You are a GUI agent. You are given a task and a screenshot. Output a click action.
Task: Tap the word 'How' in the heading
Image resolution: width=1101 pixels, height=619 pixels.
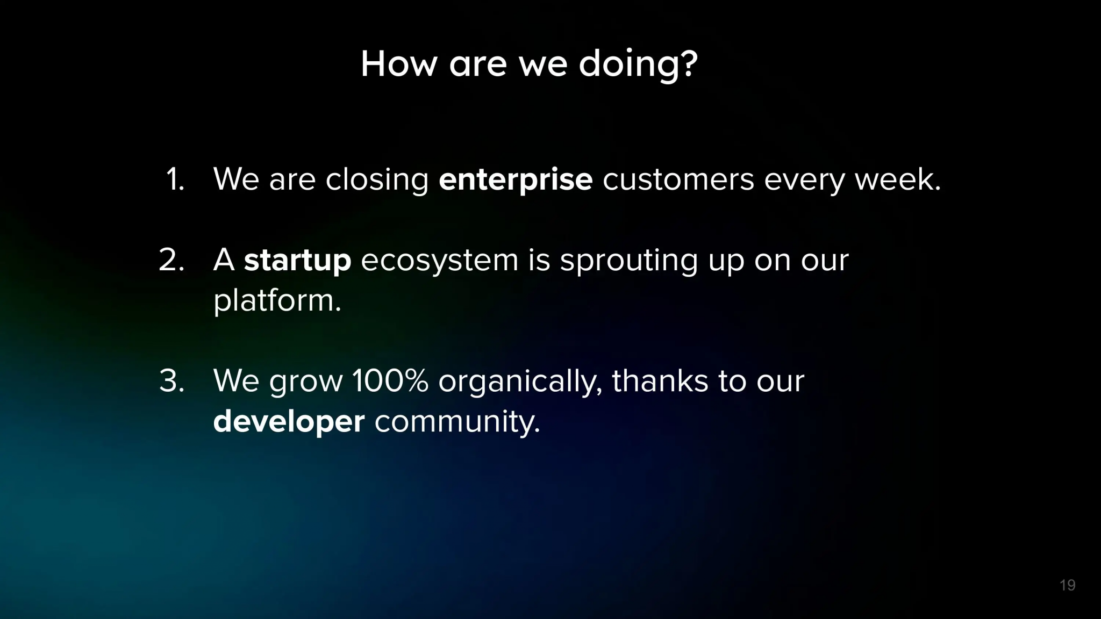399,64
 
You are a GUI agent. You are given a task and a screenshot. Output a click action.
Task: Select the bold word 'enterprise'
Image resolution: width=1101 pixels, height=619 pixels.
516,180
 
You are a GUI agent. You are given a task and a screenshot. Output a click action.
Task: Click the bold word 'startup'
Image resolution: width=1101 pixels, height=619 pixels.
297,261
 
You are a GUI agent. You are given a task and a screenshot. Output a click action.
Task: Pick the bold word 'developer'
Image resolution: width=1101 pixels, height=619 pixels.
289,421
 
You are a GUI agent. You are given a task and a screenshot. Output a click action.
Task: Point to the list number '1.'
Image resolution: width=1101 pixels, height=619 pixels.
175,179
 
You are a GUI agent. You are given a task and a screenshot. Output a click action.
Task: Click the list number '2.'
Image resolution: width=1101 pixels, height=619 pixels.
172,260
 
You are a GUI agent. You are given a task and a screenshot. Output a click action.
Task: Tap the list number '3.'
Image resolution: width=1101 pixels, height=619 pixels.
172,381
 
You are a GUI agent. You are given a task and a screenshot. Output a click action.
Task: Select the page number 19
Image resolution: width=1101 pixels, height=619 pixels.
1067,585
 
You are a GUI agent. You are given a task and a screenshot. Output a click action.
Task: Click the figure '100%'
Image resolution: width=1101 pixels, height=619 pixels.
390,381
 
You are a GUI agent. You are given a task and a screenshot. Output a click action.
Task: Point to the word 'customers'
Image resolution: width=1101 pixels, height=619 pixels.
678,179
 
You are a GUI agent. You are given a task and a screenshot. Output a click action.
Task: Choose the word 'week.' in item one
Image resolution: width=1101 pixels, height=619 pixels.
898,179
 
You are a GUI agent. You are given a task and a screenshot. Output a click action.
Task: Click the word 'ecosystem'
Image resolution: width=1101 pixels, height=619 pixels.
439,262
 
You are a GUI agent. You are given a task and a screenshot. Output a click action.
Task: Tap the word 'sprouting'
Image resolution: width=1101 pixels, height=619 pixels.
628,262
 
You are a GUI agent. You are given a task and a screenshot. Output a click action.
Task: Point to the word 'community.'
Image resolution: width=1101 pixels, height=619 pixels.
457,422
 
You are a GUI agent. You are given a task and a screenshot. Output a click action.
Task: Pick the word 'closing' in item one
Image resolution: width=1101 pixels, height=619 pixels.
377,180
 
